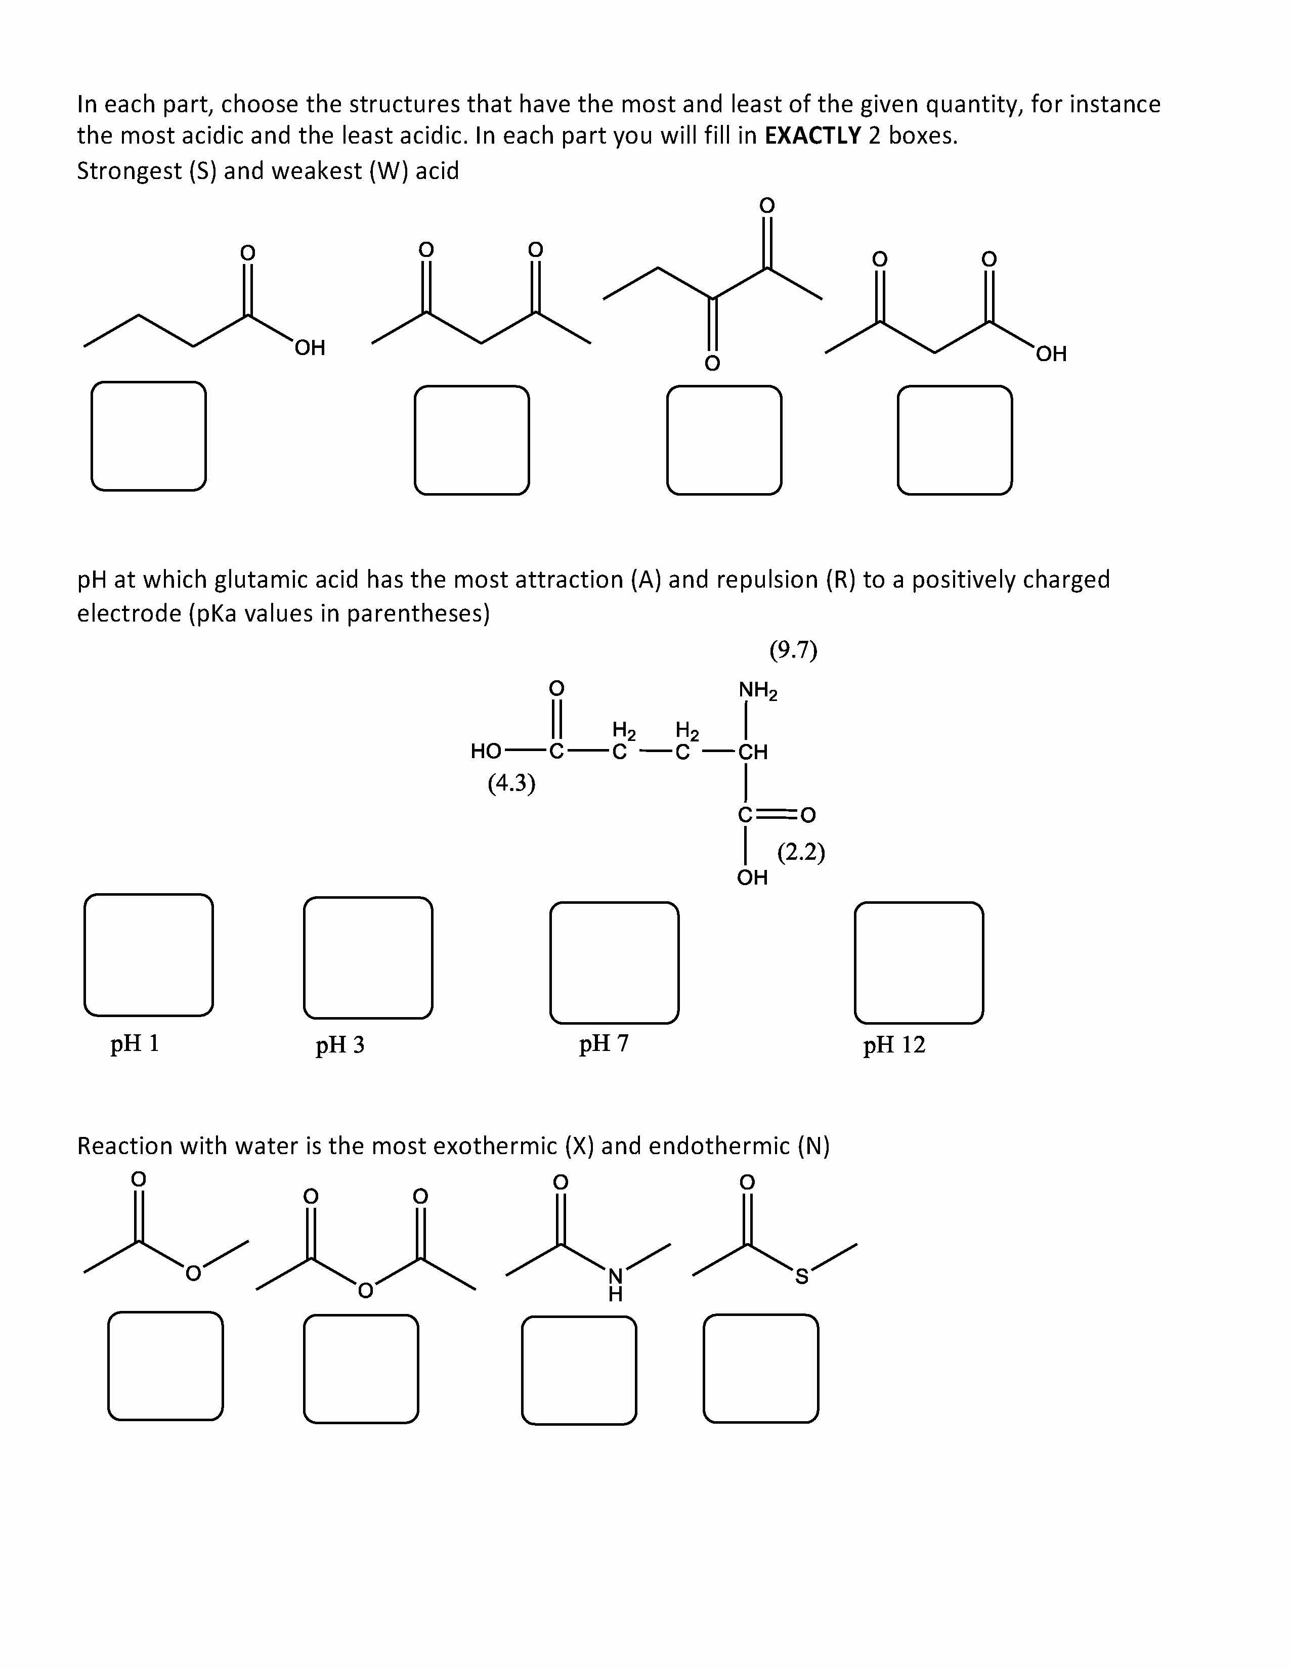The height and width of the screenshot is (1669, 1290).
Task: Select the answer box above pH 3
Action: click(x=368, y=957)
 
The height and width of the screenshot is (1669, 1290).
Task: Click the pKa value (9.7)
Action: click(x=793, y=650)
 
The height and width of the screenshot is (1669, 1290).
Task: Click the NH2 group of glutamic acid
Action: click(x=757, y=691)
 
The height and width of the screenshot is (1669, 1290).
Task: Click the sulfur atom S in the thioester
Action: click(x=801, y=1276)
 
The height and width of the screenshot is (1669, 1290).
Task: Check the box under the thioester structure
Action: click(x=760, y=1369)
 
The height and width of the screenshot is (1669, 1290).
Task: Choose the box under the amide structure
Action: click(x=579, y=1370)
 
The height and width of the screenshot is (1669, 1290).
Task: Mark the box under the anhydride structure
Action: click(x=361, y=1369)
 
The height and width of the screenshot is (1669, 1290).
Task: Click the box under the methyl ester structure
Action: click(x=165, y=1366)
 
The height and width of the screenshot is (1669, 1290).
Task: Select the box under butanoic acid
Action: click(x=148, y=435)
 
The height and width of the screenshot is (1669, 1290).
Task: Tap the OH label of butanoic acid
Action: click(x=310, y=348)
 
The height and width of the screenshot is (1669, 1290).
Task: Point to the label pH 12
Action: click(x=893, y=1045)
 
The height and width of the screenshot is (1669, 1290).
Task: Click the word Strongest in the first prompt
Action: click(x=128, y=171)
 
